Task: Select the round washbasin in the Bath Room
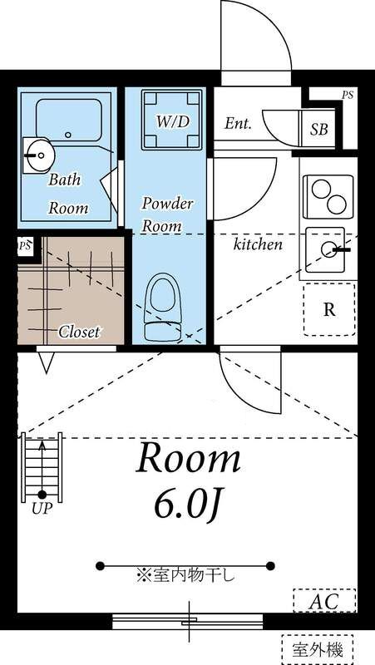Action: [37, 152]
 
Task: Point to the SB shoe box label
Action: [318, 129]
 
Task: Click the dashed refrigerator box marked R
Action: [329, 309]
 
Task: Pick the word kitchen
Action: [257, 244]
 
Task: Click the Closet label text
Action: [79, 332]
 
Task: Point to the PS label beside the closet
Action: [25, 246]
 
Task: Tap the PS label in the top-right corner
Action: [347, 96]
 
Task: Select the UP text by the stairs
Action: [41, 509]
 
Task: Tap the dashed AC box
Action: [324, 601]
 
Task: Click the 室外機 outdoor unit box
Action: [317, 647]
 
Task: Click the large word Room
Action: [189, 457]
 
